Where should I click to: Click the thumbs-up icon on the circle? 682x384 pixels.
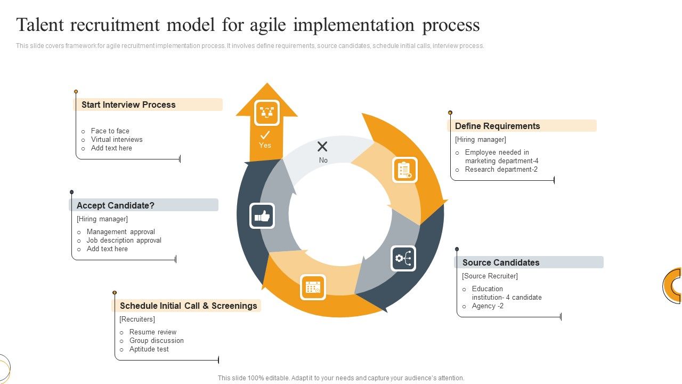262,216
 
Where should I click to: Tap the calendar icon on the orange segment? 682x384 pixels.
313,287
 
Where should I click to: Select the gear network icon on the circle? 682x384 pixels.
403,259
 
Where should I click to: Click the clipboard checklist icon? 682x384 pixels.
405,170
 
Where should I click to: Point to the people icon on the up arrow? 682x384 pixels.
266,113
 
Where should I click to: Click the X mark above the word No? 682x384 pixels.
322,147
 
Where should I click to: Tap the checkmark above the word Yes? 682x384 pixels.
265,135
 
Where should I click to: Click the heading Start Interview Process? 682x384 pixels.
128,105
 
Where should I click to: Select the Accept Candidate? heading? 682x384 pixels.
115,205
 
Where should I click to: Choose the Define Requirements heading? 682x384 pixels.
497,126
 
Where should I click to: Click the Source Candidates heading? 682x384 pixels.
501,262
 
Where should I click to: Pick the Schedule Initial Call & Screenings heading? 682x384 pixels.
188,306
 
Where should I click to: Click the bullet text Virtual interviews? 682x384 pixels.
117,140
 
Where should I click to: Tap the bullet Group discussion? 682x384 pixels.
156,341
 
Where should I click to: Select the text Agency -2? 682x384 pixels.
488,306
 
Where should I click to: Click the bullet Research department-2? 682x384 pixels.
501,170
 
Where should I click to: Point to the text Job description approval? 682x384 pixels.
124,241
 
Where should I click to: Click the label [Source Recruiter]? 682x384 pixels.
490,276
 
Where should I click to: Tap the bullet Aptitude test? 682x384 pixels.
149,349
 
